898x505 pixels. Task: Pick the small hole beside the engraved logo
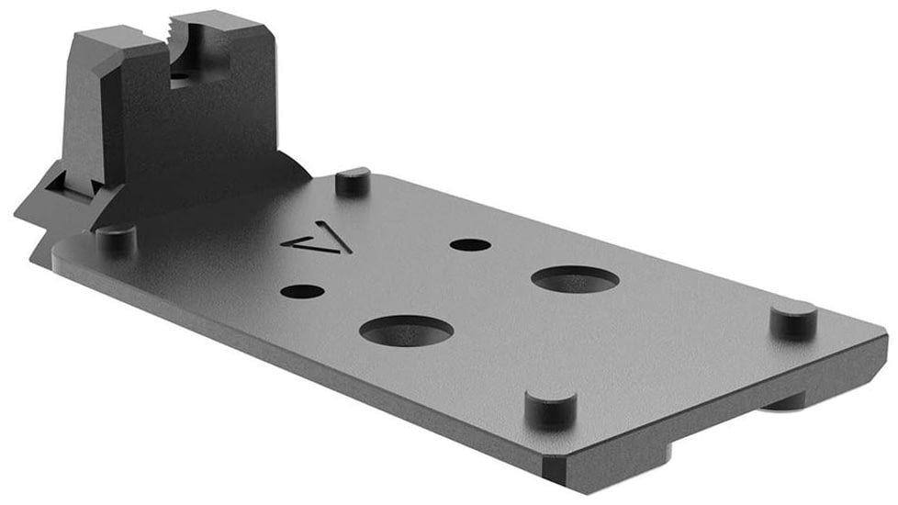coord(302,292)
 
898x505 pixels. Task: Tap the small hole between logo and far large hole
coord(471,245)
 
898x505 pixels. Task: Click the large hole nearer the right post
coord(574,279)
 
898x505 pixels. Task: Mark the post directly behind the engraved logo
coord(353,180)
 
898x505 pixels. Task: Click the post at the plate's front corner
coord(550,408)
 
